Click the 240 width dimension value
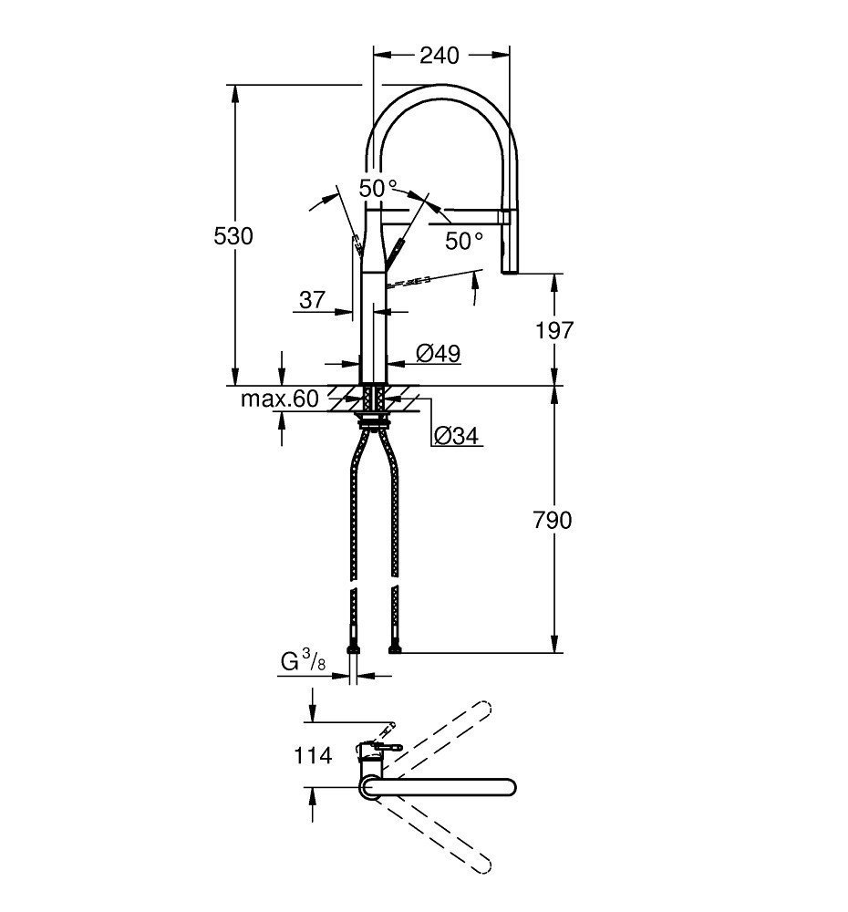(439, 56)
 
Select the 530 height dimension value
(233, 235)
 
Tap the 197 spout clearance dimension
(554, 329)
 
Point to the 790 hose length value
(553, 520)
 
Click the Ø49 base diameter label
(438, 352)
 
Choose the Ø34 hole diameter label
(456, 437)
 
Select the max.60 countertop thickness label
(280, 399)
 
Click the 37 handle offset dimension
(312, 299)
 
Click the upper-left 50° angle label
(377, 188)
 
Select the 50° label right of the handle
(464, 241)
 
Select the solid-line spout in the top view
(447, 786)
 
